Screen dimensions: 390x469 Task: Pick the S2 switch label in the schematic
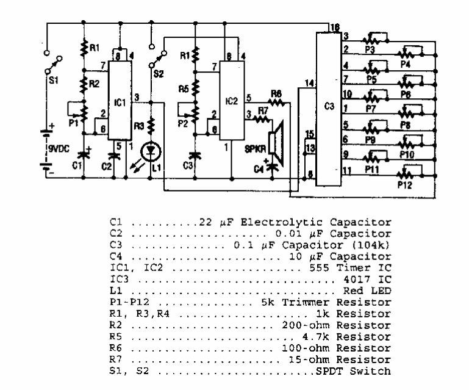[162, 76]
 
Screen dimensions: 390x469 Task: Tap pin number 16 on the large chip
[334, 28]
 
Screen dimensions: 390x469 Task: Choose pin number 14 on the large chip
[310, 82]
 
